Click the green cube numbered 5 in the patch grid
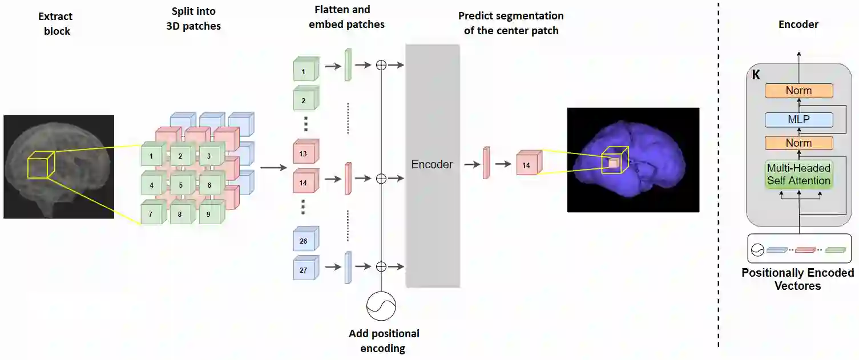[180, 185]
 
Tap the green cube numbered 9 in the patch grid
[209, 215]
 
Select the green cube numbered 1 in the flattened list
[304, 72]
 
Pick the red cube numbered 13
[304, 153]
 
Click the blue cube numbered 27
[304, 270]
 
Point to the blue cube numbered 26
[304, 241]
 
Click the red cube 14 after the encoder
[526, 165]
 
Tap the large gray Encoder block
[432, 165]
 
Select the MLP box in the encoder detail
[798, 120]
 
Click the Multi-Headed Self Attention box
[798, 175]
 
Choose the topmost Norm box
[798, 91]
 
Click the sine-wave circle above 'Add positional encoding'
[381, 306]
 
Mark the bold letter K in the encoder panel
[756, 75]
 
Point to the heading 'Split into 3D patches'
[193, 19]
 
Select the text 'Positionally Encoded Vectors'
[797, 279]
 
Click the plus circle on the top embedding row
[381, 65]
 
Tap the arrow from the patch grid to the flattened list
[273, 168]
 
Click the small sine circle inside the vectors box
[757, 249]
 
